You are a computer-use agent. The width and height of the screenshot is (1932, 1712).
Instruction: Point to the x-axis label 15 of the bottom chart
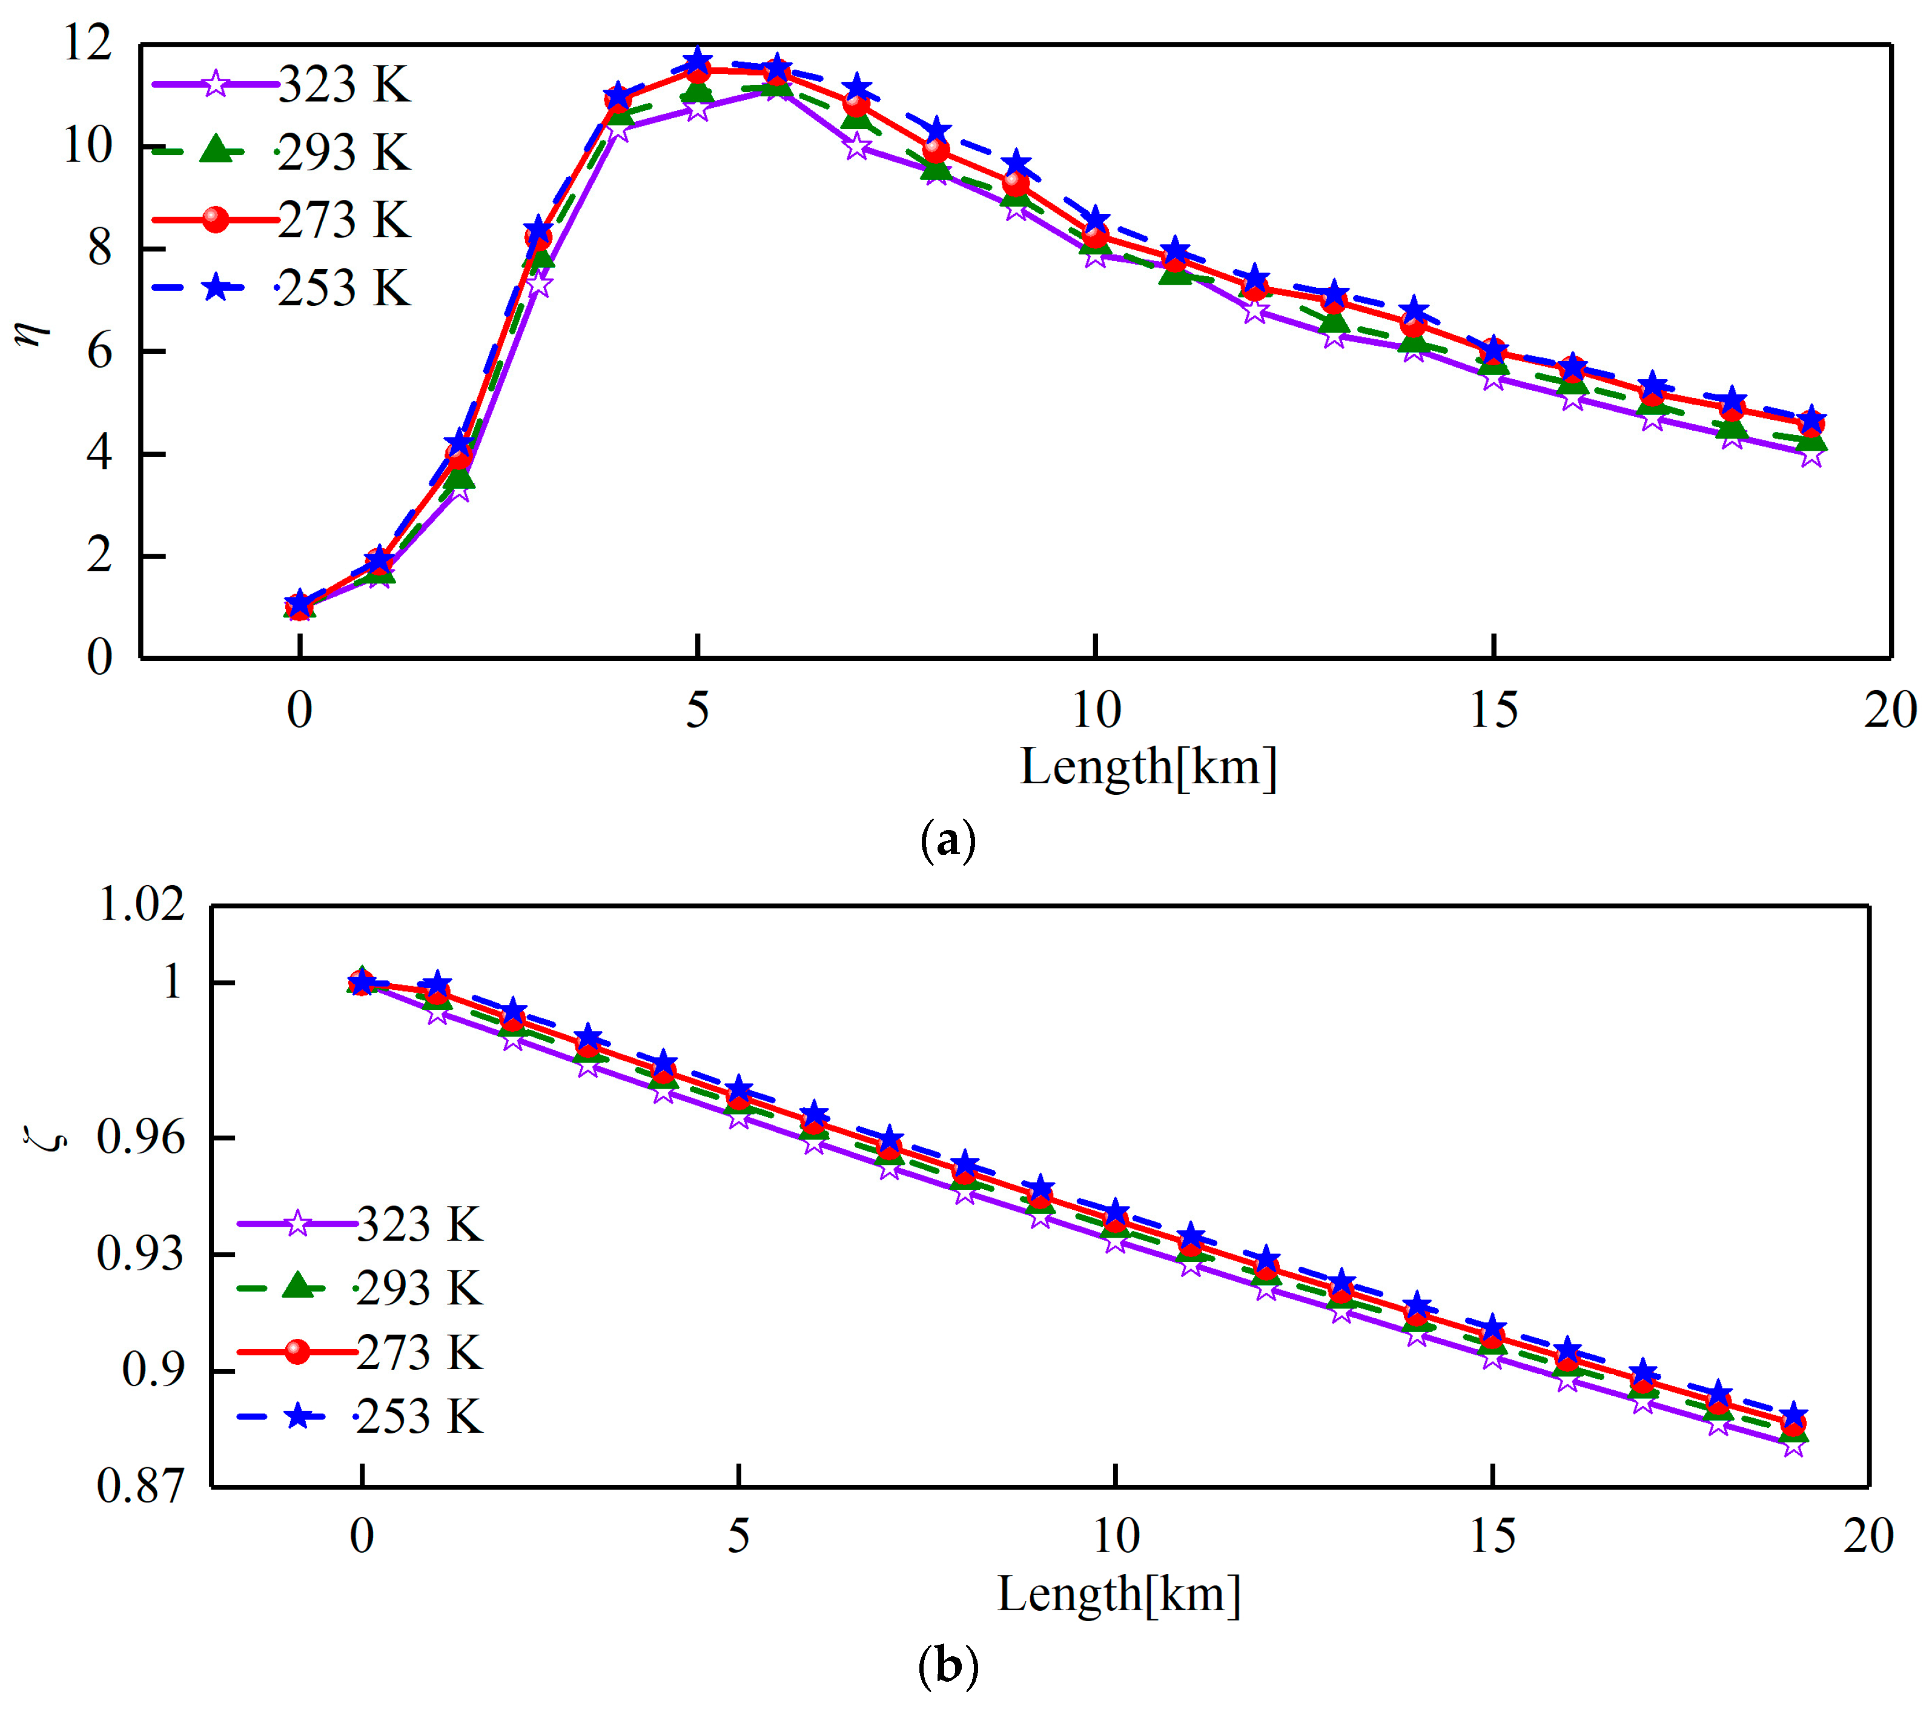click(1492, 1536)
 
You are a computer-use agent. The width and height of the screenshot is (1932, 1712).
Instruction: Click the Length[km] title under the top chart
click(1148, 767)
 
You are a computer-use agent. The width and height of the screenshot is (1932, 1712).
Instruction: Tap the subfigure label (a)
click(947, 840)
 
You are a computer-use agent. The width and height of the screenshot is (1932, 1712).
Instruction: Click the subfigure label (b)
click(947, 1667)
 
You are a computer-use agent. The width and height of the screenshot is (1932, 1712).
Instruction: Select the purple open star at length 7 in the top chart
click(856, 147)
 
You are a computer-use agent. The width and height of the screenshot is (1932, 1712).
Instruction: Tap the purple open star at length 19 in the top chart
click(1811, 455)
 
